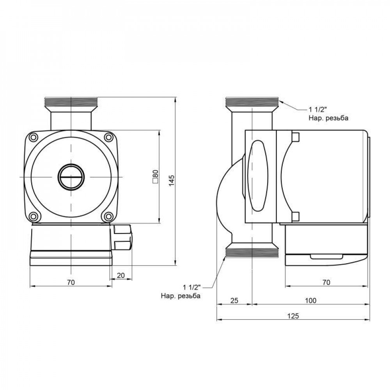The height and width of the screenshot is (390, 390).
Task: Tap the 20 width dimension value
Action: point(121,275)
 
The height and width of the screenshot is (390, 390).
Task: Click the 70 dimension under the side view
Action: point(326,282)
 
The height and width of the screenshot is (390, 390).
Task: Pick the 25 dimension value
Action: point(234,300)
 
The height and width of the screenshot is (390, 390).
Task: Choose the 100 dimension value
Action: point(310,300)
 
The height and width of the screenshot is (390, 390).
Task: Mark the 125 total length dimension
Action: point(293,316)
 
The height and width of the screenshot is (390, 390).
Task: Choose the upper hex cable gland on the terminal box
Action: point(124,230)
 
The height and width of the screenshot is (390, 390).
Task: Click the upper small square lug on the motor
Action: point(295,137)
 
